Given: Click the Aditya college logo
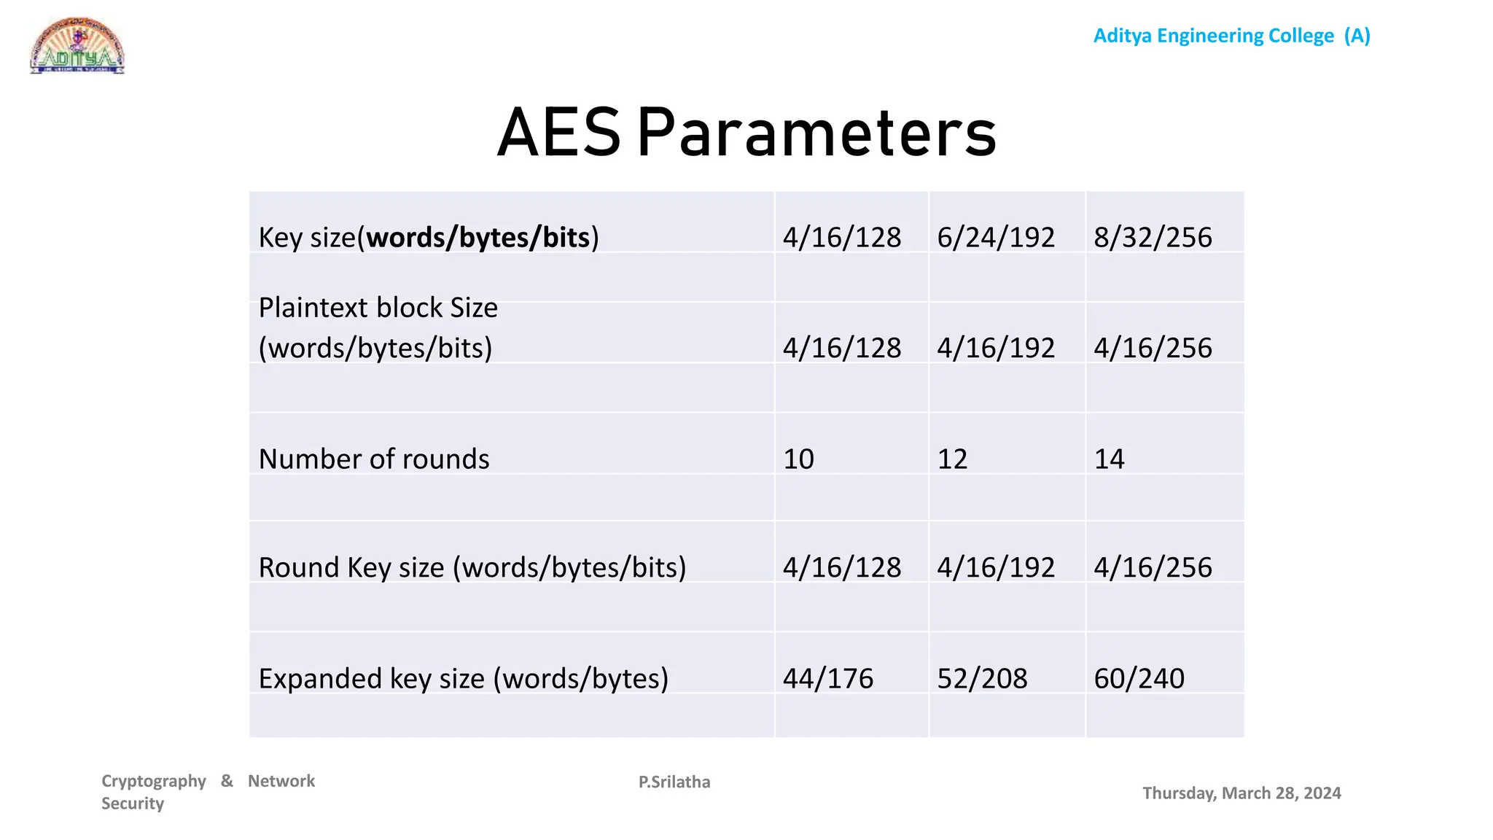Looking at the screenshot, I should (77, 46).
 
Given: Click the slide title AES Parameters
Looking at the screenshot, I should (746, 133).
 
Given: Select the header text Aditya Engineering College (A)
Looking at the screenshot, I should (1231, 36).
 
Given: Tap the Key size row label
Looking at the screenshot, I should (429, 238).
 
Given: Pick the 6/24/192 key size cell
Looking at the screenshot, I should (996, 238).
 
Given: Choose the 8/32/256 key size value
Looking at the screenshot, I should (1153, 238).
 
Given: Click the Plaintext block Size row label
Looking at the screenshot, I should (378, 328).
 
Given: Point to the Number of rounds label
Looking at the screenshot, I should (374, 459).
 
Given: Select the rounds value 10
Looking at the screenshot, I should (798, 459).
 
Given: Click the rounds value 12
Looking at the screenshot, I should (952, 459).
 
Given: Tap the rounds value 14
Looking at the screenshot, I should (1109, 459).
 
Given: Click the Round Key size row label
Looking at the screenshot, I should (472, 567).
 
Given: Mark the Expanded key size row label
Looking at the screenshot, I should (464, 679).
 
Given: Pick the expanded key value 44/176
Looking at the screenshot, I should (827, 679).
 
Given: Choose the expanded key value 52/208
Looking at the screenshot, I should (982, 679).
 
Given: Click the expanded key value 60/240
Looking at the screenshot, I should (1139, 679).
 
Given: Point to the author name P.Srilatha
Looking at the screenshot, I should (674, 782).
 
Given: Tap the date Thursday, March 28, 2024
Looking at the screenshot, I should (1241, 793).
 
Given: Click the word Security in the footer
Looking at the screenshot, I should (133, 804).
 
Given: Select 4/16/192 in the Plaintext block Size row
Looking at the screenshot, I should (996, 349).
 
